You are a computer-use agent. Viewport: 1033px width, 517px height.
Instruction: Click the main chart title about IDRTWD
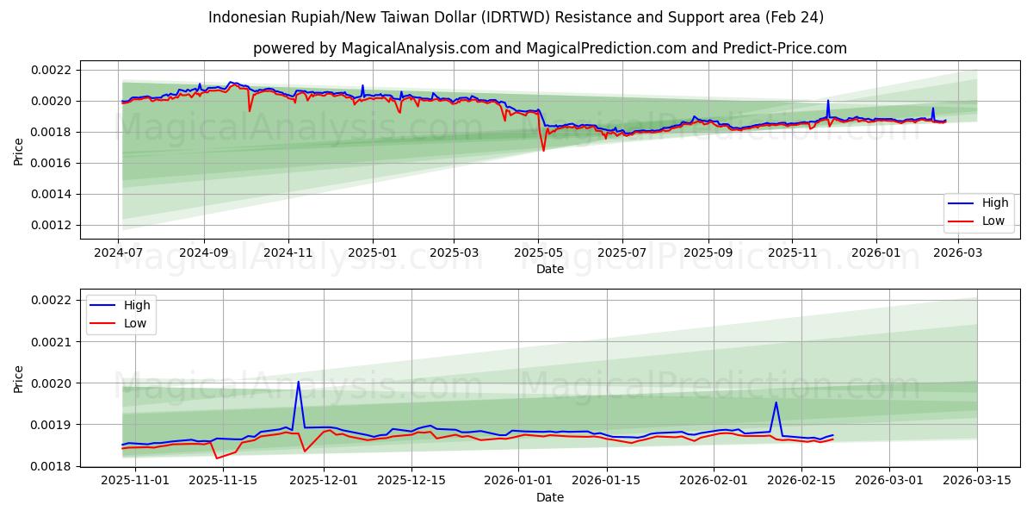(516, 17)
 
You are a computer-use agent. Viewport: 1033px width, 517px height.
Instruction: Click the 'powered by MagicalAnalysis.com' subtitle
(549, 48)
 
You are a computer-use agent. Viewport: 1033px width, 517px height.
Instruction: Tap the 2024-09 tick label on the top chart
(204, 253)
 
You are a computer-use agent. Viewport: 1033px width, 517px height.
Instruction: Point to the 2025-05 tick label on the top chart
(538, 253)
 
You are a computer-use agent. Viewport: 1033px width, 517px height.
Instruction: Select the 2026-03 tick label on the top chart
(958, 253)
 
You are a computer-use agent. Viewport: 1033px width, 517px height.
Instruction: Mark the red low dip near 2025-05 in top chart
(543, 150)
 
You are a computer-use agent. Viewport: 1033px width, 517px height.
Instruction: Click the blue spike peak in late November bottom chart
(298, 382)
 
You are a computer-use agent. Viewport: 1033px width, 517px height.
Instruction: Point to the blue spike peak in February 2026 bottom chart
(776, 402)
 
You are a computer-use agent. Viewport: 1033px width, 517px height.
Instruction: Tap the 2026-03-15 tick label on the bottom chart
(977, 481)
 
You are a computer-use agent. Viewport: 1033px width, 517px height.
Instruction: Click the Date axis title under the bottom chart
(549, 497)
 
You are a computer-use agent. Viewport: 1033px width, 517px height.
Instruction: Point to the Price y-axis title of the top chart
(19, 151)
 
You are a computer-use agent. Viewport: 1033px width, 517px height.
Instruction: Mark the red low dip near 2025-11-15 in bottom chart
(217, 458)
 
